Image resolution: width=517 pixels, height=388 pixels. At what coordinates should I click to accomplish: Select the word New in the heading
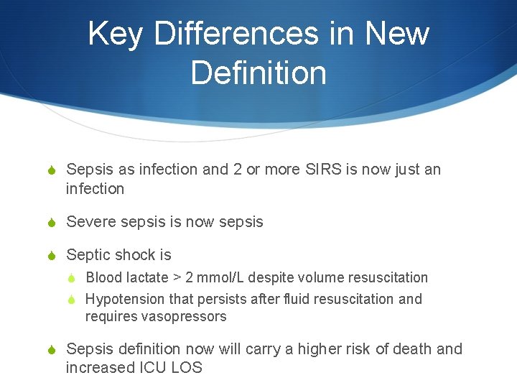coord(397,34)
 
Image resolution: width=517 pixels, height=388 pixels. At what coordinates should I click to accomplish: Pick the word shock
coord(137,255)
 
